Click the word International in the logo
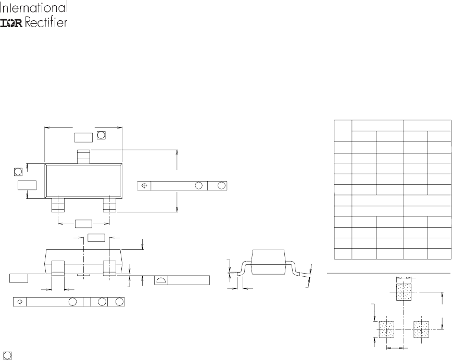(35, 8)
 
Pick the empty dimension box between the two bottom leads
(83, 224)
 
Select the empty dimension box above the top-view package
(83, 137)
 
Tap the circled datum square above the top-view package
(101, 135)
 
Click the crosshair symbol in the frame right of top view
(145, 186)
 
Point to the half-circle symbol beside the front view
(161, 280)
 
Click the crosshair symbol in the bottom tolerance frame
(20, 302)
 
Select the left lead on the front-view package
(57, 267)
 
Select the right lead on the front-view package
(109, 267)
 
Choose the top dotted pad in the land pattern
(404, 292)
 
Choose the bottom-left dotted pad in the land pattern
(386, 329)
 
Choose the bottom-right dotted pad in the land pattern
(420, 329)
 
